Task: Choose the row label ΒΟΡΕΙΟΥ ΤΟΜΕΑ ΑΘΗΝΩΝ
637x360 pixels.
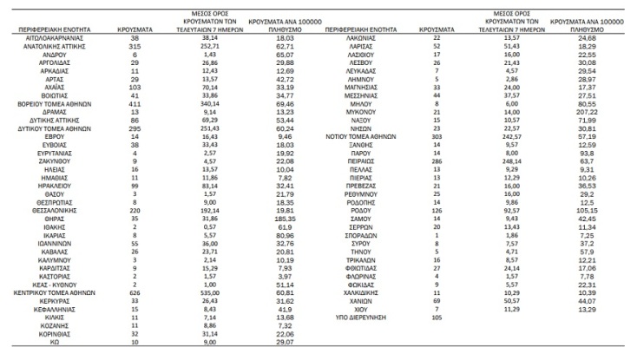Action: pos(57,104)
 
